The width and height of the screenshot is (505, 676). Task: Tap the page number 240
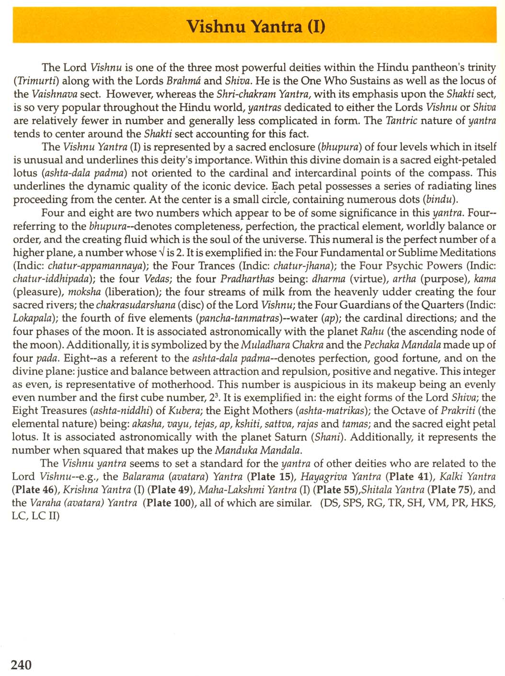tap(21, 664)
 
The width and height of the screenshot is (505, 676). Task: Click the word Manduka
tap(235, 450)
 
